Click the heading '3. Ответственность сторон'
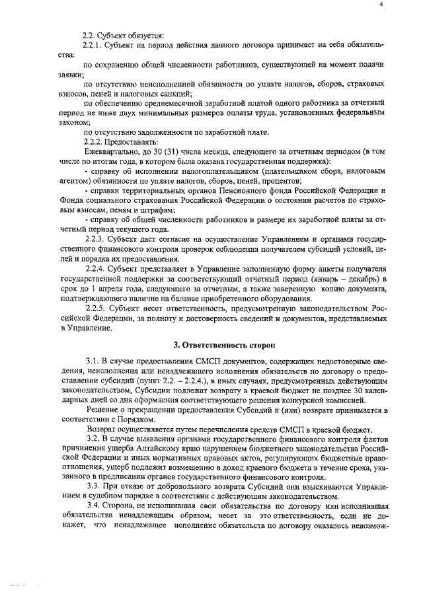coord(219,344)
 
